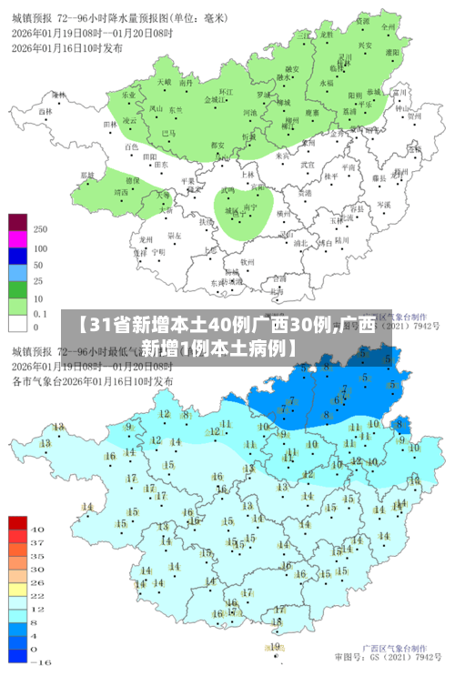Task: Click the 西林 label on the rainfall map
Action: click(45, 111)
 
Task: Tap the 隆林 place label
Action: click(58, 94)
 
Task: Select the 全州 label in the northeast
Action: click(389, 27)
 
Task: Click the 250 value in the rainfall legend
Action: click(40, 229)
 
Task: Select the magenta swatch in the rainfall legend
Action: click(17, 239)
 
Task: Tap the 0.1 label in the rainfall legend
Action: click(41, 313)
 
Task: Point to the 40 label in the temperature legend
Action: click(38, 529)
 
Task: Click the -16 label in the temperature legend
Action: click(40, 662)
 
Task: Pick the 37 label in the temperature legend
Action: click(38, 542)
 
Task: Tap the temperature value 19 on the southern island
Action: click(275, 646)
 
